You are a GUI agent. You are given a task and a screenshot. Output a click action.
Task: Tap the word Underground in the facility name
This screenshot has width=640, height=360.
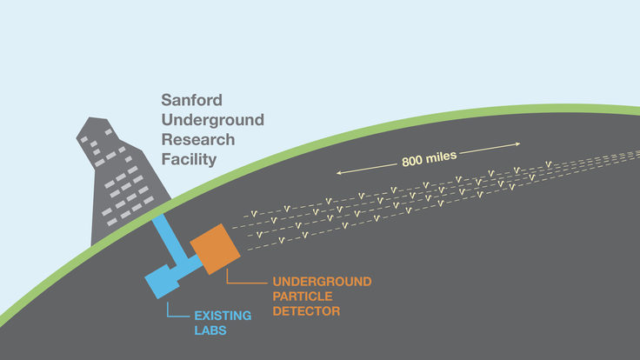coord(212,120)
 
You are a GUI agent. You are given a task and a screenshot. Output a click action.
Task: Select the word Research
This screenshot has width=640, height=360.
coord(199,140)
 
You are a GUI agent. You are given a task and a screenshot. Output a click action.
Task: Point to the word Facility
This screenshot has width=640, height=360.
coord(189,160)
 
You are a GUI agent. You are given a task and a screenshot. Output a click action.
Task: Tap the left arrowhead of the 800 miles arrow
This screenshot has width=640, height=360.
coord(340,174)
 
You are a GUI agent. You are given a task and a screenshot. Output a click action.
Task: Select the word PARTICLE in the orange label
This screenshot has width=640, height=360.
coord(303,296)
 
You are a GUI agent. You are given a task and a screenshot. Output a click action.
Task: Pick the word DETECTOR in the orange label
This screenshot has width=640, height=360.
coord(305,310)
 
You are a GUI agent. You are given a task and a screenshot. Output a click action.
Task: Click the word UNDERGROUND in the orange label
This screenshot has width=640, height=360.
coord(322,282)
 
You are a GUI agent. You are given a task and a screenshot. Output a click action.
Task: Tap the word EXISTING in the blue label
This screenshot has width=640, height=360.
coord(223,315)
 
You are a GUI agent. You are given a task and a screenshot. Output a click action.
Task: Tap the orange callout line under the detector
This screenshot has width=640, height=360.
coord(235,281)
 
